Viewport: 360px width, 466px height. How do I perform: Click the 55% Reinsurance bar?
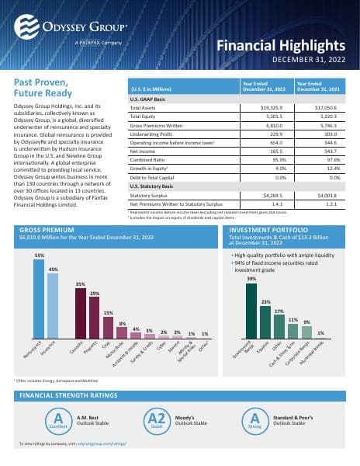[39, 307]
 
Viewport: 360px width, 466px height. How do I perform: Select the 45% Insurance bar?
[53, 311]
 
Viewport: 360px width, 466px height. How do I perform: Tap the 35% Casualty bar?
[80, 315]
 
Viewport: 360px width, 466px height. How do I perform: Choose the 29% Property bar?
[95, 319]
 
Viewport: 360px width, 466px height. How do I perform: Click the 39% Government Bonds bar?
[251, 311]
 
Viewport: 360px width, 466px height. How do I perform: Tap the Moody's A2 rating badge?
[157, 419]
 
